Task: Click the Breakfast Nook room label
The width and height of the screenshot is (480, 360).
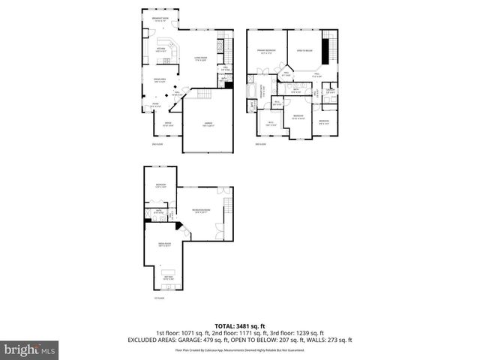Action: pyautogui.click(x=160, y=19)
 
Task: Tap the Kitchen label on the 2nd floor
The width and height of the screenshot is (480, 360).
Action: pyautogui.click(x=160, y=49)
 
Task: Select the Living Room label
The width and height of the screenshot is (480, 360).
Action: pyautogui.click(x=200, y=58)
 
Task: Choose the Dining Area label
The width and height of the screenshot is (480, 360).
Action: pyautogui.click(x=160, y=79)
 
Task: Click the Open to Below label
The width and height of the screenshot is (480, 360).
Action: pyautogui.click(x=304, y=49)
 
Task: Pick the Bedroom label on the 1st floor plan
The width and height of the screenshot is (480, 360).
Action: pyautogui.click(x=160, y=185)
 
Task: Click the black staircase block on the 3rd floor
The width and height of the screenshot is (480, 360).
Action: pyautogui.click(x=325, y=52)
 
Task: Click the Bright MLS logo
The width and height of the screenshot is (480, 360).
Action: pyautogui.click(x=30, y=349)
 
